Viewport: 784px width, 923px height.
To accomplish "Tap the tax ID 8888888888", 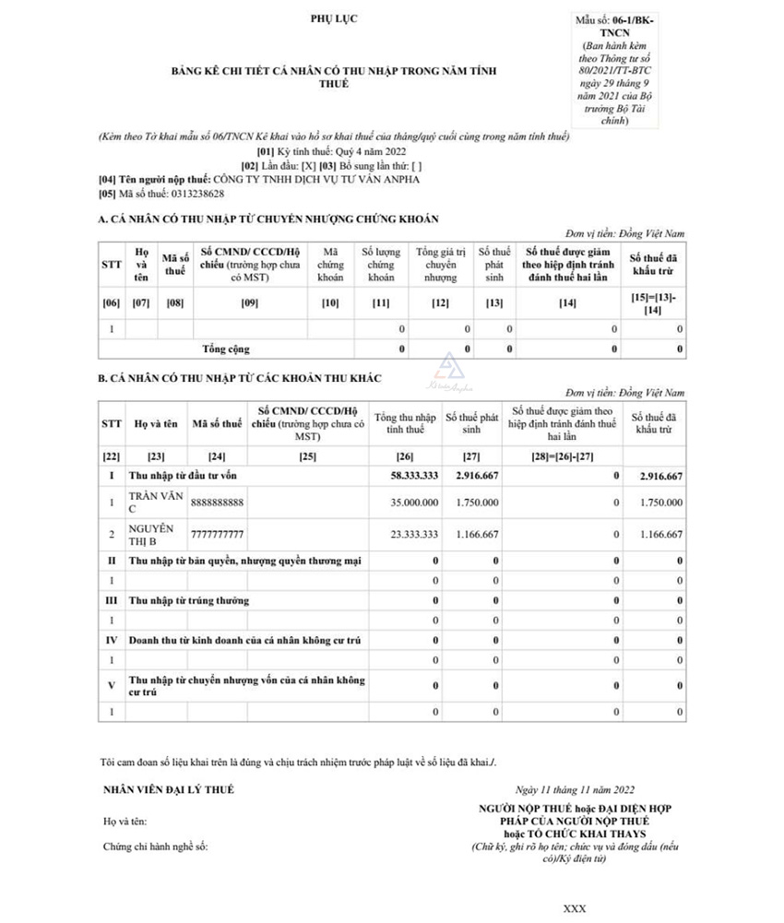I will (x=217, y=503).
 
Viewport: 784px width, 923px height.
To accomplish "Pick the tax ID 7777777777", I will (x=217, y=534).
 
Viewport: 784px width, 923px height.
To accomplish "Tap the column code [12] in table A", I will (x=440, y=302).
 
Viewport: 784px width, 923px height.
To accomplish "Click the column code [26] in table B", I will (x=405, y=456).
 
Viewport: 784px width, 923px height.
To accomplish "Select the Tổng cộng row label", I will (x=226, y=349).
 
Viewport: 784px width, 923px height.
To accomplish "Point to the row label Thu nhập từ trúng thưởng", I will (x=189, y=600).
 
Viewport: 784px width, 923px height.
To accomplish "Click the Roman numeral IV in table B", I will (x=112, y=639).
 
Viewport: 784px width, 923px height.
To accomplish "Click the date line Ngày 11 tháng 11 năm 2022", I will (x=576, y=790).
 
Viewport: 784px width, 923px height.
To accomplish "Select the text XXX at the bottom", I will (x=574, y=909).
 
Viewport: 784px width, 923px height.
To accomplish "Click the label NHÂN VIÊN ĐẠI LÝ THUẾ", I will (x=169, y=789).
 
